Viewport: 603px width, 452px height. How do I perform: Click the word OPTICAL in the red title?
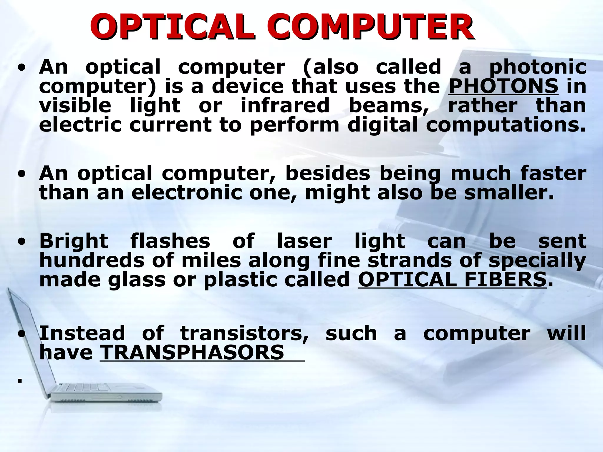click(172, 28)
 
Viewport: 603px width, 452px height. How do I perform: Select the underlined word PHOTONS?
click(503, 86)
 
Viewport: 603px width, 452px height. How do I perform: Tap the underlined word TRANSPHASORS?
click(192, 352)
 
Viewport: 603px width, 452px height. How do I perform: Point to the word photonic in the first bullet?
click(538, 67)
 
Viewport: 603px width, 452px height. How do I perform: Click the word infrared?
click(285, 105)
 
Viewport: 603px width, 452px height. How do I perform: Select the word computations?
click(506, 125)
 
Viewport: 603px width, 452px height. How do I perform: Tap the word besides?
click(328, 173)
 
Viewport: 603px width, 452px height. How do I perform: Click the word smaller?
click(509, 193)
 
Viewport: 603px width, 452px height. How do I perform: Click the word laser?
click(304, 241)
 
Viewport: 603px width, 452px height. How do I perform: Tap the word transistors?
click(245, 333)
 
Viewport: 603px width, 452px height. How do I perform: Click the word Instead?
click(82, 333)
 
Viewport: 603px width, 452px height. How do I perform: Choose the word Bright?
click(74, 241)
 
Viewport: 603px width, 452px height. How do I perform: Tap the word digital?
click(382, 125)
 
